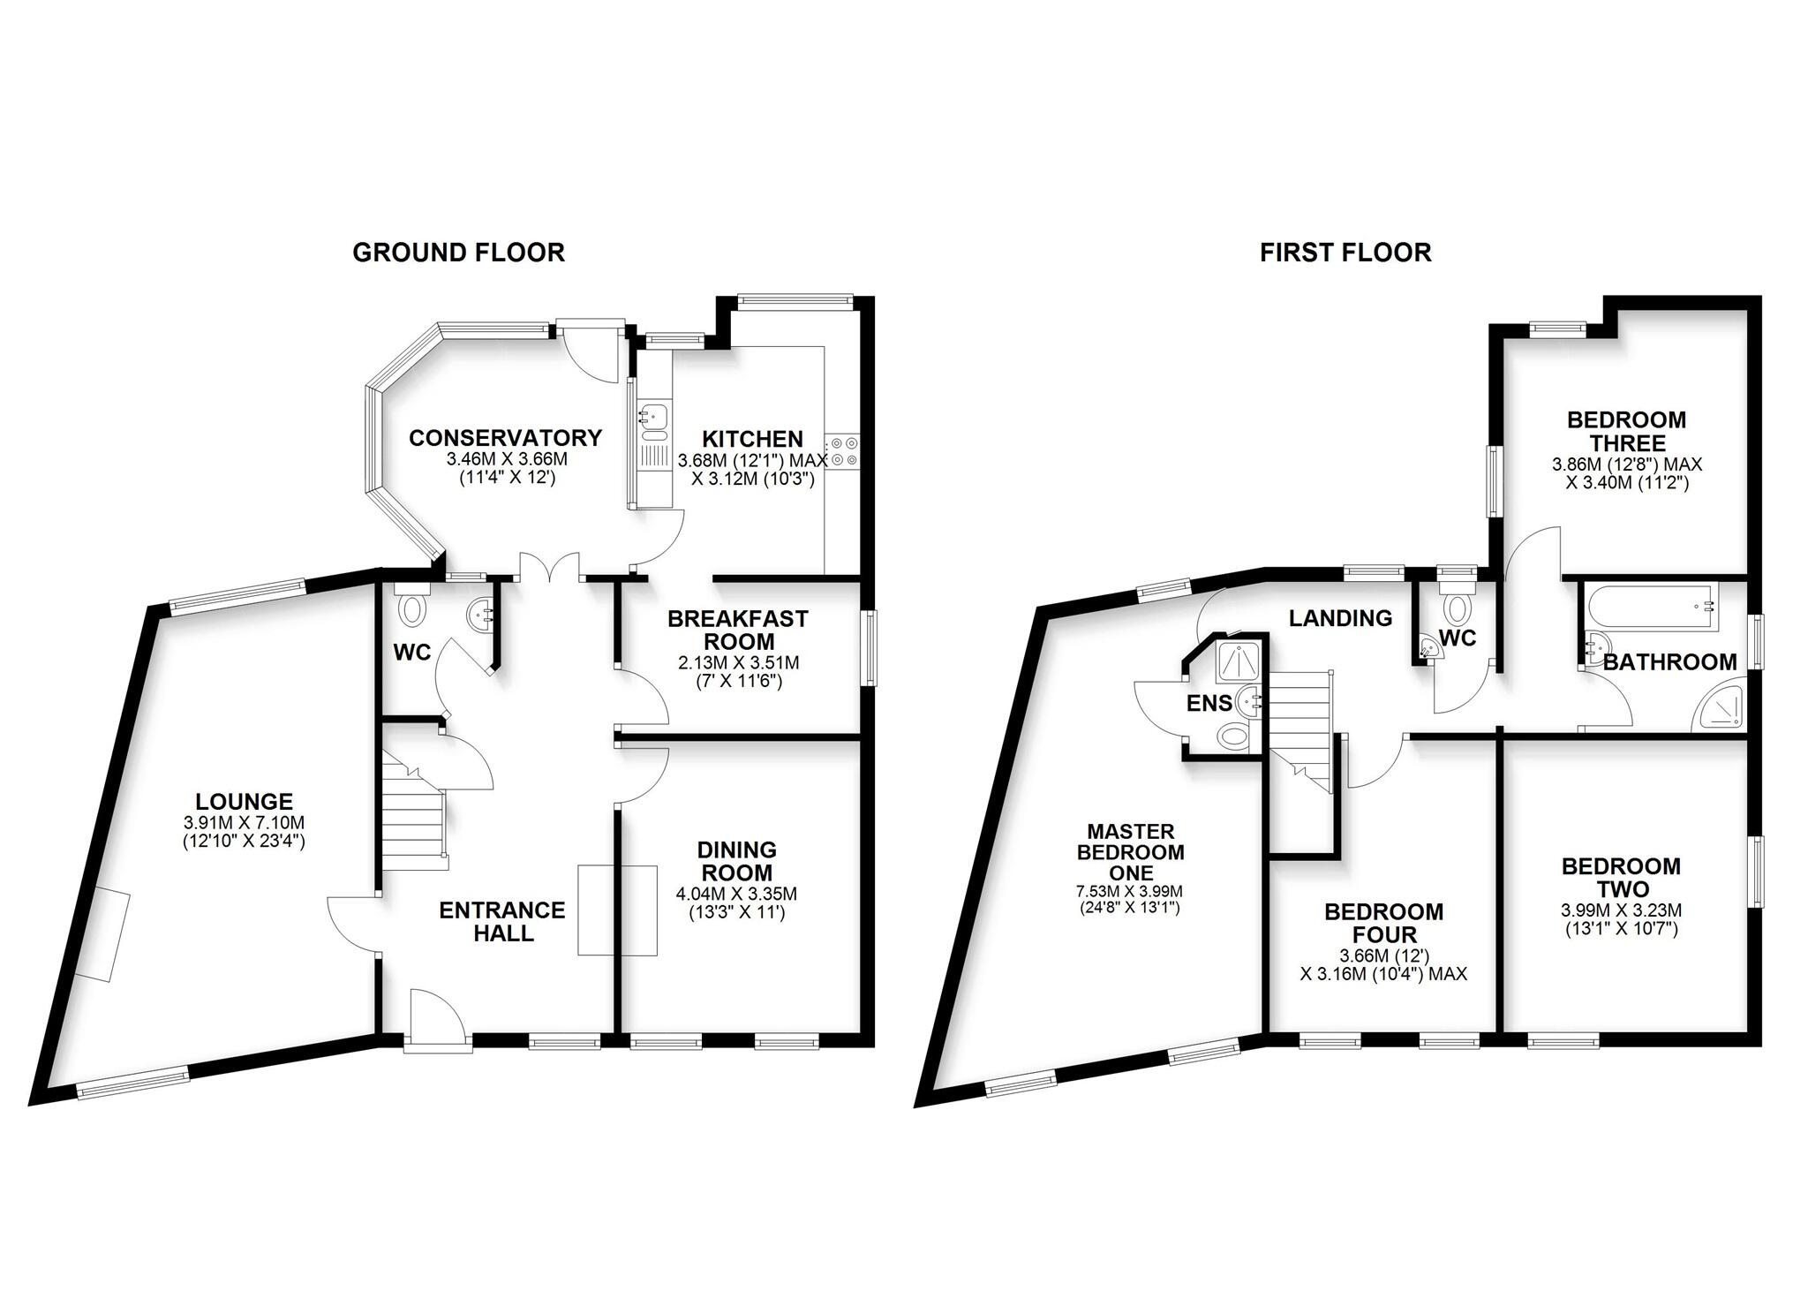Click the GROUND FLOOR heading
click(x=458, y=253)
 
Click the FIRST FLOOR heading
click(x=1345, y=253)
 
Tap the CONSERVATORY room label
click(x=505, y=438)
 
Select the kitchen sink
click(x=653, y=421)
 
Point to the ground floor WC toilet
click(x=411, y=608)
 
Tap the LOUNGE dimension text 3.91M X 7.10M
click(x=244, y=822)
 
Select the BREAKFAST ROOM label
click(x=737, y=630)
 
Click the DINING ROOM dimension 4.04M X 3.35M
click(x=736, y=894)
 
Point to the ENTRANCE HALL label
click(x=502, y=921)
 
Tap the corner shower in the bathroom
click(x=1718, y=707)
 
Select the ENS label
click(x=1208, y=703)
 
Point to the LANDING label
click(x=1340, y=618)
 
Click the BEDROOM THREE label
click(x=1626, y=431)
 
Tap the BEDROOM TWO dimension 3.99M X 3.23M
click(x=1621, y=910)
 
